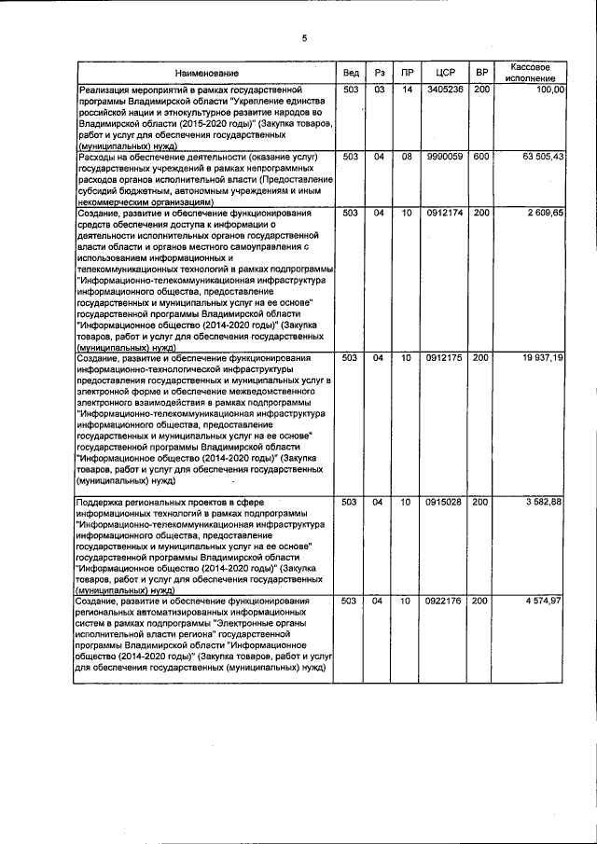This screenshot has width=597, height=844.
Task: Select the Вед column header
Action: [x=350, y=73]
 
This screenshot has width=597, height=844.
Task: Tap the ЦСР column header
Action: [x=438, y=73]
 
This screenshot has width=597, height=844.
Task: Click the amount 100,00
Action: [x=550, y=90]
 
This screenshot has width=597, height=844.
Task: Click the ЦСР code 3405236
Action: [x=438, y=90]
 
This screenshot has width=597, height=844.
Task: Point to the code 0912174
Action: [x=438, y=214]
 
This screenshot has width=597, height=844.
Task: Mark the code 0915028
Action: [x=438, y=502]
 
